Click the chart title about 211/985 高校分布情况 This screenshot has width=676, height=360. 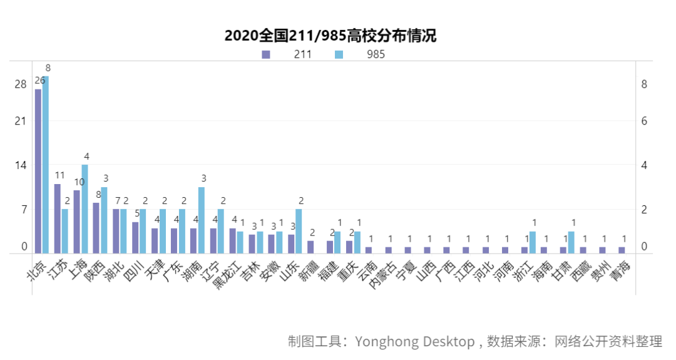330,36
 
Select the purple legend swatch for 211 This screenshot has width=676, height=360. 266,54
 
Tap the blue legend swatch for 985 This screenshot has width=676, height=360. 339,54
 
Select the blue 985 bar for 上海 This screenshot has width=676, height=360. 84,208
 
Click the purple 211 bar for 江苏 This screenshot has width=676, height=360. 58,219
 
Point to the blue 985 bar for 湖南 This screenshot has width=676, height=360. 201,220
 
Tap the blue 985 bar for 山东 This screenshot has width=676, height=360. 299,231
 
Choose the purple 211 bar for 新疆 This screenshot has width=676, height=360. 310,247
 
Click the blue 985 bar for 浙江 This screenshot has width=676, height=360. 532,242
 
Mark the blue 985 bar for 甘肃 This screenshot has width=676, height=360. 571,242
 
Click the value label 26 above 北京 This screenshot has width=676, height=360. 39,81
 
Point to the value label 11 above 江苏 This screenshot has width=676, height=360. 59,175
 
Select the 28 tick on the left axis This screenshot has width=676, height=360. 21,85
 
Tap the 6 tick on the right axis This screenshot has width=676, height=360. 643,121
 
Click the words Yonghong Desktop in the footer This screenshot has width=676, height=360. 414,341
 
